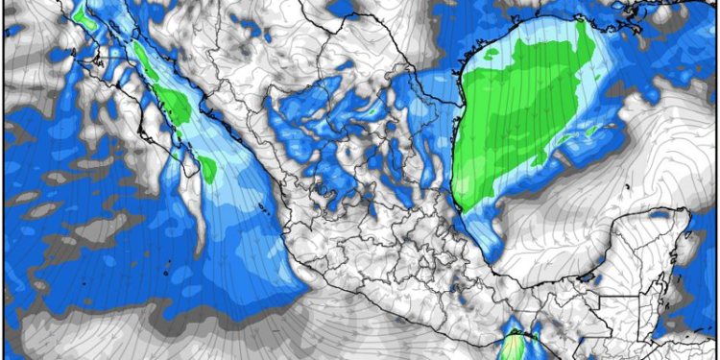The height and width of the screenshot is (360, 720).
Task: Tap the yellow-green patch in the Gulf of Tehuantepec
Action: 519,344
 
